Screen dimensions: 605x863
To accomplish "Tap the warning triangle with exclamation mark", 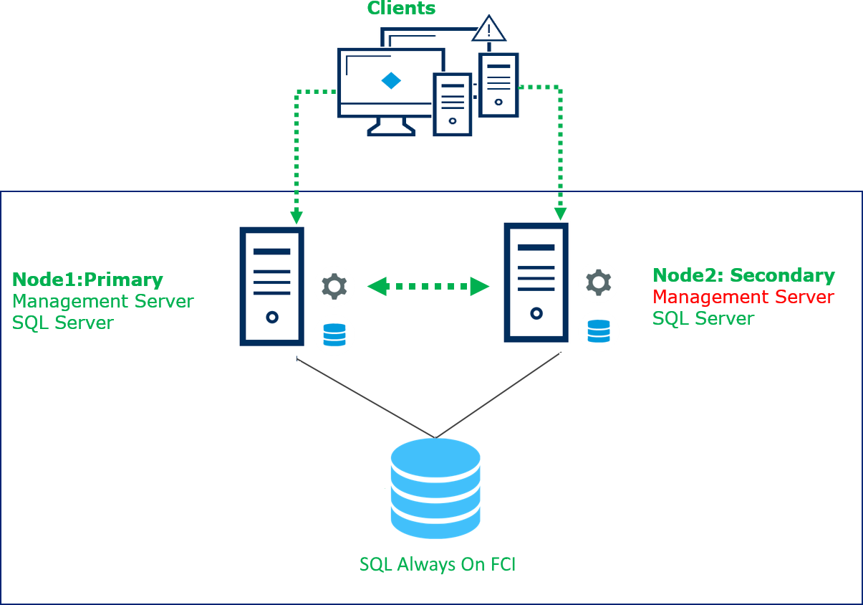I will click(489, 29).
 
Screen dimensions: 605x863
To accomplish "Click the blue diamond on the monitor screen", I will click(391, 80).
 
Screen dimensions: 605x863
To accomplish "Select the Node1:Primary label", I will click(87, 280).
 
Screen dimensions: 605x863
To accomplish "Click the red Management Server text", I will click(743, 297).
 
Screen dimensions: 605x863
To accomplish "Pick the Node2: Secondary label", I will click(743, 275).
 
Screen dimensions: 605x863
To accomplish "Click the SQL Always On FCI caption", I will click(437, 564).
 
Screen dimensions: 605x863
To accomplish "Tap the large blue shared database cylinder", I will click(435, 488).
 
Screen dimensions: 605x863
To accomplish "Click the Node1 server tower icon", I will click(271, 287).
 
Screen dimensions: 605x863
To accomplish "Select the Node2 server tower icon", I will click(536, 282).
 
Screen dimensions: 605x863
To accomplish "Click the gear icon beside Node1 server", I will click(334, 286).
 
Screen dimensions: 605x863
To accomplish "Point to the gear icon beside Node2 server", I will click(599, 282).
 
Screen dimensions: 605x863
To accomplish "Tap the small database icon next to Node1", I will click(334, 335).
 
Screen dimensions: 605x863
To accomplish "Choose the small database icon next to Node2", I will click(599, 331).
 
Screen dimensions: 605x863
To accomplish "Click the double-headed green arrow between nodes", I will click(428, 287).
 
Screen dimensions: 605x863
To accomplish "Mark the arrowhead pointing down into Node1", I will click(296, 217).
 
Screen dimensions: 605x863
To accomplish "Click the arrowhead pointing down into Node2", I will click(560, 214).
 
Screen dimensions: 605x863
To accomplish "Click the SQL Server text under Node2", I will click(703, 318).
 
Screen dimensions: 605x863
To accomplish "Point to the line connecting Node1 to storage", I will click(365, 398).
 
